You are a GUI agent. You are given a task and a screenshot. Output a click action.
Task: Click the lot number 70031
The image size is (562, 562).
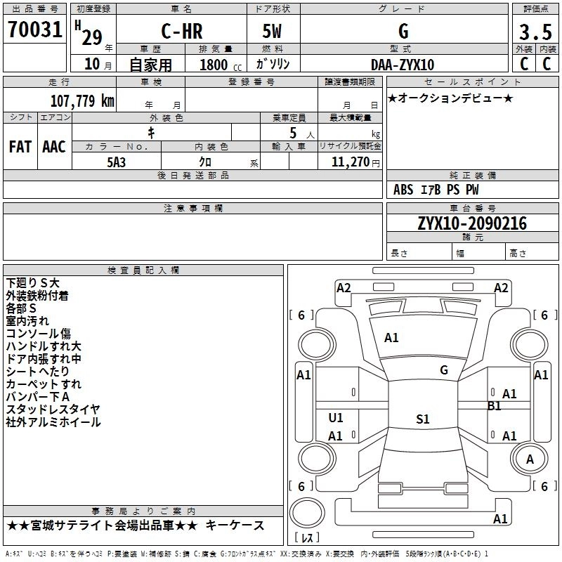(x=34, y=30)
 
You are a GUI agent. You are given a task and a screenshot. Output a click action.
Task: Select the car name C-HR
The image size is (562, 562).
(x=182, y=31)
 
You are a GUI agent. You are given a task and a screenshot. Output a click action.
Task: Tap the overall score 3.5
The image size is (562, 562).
(x=535, y=32)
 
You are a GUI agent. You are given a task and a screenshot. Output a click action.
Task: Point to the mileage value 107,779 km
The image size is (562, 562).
(x=82, y=100)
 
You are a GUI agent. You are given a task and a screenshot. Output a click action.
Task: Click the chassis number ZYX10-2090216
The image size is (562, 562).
(x=472, y=223)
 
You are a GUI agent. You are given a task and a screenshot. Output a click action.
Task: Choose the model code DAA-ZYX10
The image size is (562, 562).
(x=403, y=65)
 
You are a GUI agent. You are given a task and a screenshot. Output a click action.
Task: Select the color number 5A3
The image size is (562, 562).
(x=116, y=162)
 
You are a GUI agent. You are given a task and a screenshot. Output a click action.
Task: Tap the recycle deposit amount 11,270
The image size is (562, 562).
(x=350, y=162)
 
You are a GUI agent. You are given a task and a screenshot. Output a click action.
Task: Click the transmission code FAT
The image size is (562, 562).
(x=20, y=147)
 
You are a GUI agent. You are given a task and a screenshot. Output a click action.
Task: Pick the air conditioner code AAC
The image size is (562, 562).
(x=54, y=147)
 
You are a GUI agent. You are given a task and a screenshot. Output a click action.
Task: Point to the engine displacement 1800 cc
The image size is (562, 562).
(x=221, y=65)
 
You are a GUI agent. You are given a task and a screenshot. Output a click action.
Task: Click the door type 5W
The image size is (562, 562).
(x=272, y=31)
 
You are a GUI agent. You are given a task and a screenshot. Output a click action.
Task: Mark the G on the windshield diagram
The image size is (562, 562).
(x=444, y=370)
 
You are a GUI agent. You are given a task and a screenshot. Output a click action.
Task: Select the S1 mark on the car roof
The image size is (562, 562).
(x=423, y=419)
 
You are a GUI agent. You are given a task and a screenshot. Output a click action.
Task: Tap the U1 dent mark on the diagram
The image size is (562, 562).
(x=336, y=417)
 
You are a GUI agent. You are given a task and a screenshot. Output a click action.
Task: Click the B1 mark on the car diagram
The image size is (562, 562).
(x=495, y=406)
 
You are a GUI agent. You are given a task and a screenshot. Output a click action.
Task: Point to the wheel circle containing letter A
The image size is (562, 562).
(x=530, y=459)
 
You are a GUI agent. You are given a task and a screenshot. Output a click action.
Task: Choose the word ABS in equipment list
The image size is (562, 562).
(x=403, y=190)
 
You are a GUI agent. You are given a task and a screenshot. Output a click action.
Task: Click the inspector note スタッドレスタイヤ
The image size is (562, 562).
(x=53, y=410)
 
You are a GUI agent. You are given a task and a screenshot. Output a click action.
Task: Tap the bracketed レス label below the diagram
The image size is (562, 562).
(x=307, y=537)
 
